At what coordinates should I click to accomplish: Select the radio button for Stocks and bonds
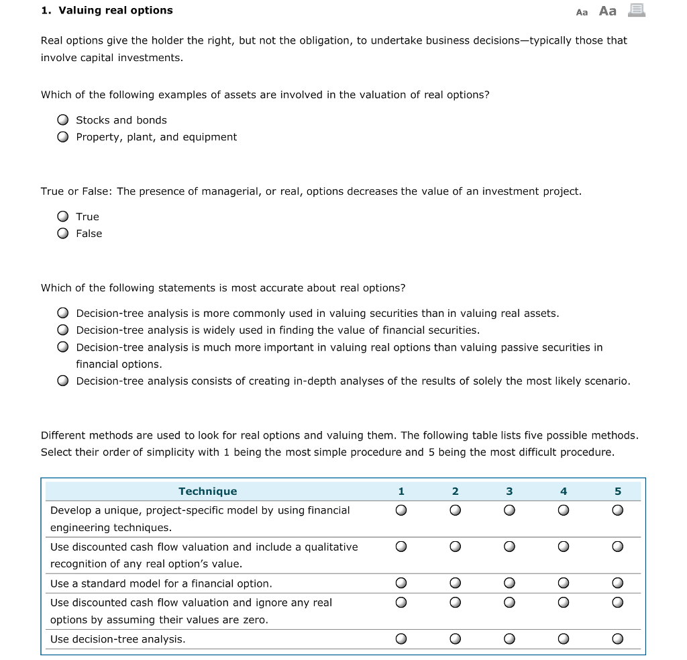[62, 120]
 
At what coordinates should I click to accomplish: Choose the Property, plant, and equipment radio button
[62, 137]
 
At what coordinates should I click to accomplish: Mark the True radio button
[62, 216]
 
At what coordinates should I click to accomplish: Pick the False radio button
[62, 234]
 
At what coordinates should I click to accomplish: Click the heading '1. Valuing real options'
[107, 10]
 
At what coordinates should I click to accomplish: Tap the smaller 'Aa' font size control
[582, 12]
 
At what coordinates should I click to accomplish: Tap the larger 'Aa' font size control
[607, 11]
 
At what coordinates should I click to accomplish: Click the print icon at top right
[636, 10]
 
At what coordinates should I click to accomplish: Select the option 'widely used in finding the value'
[62, 330]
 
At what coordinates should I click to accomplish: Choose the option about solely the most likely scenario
[62, 381]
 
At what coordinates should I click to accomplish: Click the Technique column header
[207, 491]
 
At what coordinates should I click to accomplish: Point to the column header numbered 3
[509, 491]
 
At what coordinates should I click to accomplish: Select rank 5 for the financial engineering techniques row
[617, 510]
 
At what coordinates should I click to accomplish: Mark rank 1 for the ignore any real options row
[401, 603]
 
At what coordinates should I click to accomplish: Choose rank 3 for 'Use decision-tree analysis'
[509, 639]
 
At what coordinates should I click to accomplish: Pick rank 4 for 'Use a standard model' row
[564, 583]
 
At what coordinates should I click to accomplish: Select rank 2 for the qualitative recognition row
[455, 547]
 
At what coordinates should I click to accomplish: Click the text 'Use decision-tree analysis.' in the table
[118, 639]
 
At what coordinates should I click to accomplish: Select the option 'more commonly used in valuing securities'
[62, 314]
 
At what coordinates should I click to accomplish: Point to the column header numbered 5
[617, 491]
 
